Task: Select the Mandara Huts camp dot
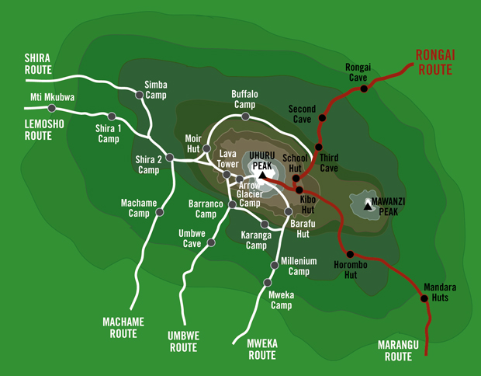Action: pos(424,298)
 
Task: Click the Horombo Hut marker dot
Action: pos(351,254)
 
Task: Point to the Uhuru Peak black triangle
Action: pos(262,176)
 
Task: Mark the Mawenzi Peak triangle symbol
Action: pos(368,206)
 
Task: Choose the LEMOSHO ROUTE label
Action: pos(37,129)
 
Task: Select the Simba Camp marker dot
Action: pos(140,96)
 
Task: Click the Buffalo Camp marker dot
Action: pos(245,117)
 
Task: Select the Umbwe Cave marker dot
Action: pos(209,242)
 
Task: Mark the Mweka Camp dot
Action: pos(267,283)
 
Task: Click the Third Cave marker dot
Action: pos(318,147)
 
